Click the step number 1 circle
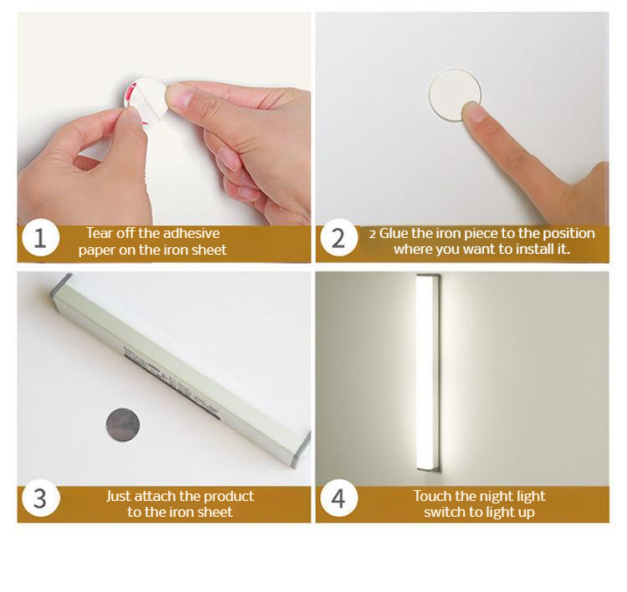[x=40, y=238]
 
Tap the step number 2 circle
[x=339, y=238]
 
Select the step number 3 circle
[x=40, y=498]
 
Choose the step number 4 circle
[x=339, y=498]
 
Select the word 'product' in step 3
[x=228, y=497]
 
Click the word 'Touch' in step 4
[x=432, y=496]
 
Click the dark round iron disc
[x=123, y=425]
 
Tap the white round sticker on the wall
[x=454, y=94]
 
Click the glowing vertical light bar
[x=427, y=372]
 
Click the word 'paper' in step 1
[x=97, y=250]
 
